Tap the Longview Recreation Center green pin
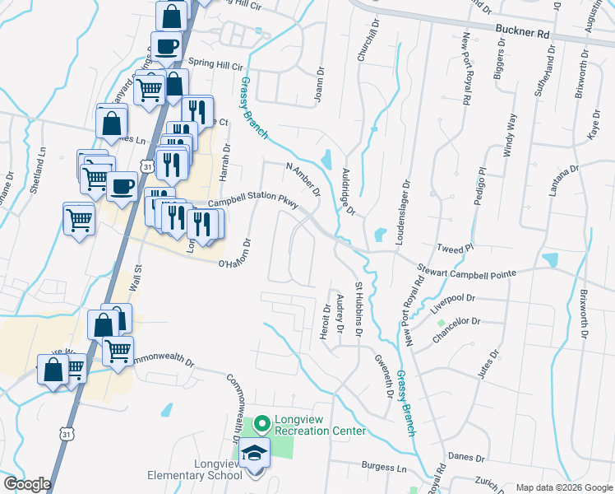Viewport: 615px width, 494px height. (x=262, y=425)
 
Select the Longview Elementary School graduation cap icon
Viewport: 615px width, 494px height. (x=255, y=452)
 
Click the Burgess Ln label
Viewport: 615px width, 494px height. (x=385, y=467)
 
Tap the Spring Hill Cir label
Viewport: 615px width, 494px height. (x=216, y=65)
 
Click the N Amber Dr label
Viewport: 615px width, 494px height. (x=303, y=179)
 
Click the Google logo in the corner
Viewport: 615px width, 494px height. (x=27, y=484)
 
